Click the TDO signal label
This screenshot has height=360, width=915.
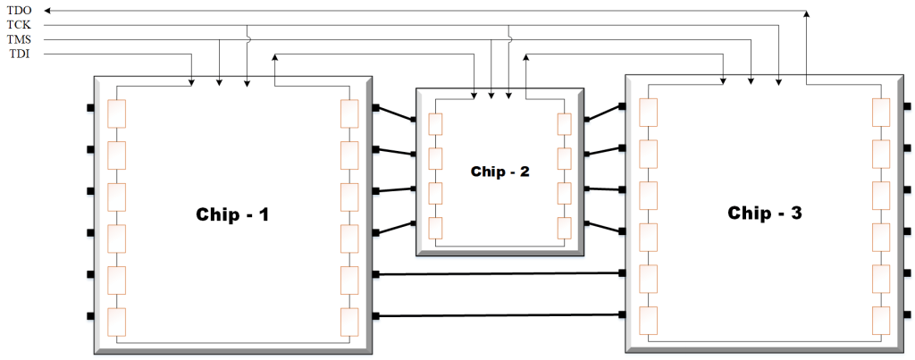[19, 10]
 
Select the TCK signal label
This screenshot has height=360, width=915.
[19, 25]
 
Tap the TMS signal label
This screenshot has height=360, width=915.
[19, 40]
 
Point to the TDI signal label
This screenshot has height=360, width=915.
[19, 55]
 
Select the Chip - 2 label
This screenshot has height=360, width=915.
[500, 171]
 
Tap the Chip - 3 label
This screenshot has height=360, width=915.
[764, 213]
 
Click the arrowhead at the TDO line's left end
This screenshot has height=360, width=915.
[47, 10]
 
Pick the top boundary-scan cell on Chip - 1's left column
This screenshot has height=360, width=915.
[116, 113]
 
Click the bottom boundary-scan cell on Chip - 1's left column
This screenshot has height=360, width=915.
[116, 321]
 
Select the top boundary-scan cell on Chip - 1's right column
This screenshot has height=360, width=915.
[349, 113]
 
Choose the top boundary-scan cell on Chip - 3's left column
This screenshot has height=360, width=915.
[648, 113]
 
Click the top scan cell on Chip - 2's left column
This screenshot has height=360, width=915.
[435, 124]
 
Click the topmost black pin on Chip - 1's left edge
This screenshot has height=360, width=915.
[90, 108]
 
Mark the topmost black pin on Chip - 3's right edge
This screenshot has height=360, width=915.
[907, 107]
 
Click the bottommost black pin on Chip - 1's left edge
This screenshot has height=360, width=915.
[90, 315]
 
